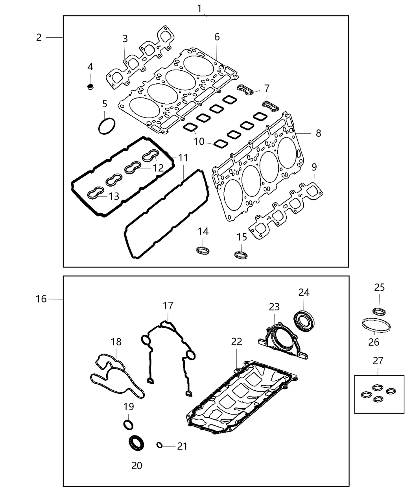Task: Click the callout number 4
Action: (90, 67)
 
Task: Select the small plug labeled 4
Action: (90, 86)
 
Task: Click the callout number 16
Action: (41, 299)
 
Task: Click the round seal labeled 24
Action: (305, 320)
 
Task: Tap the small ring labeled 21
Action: (159, 445)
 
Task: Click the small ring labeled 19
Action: (128, 424)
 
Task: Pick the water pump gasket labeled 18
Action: (114, 375)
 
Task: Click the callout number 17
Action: (168, 305)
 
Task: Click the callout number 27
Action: (378, 360)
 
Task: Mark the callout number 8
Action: (318, 133)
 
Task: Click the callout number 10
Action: (199, 141)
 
